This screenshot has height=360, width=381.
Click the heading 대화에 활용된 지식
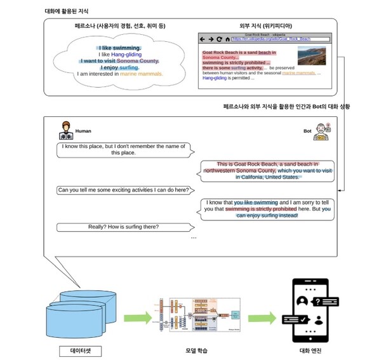(x=70, y=11)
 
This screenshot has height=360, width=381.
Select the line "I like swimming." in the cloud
(x=119, y=48)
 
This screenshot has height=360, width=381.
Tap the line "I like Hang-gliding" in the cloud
(x=119, y=56)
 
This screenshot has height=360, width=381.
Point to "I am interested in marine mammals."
(x=119, y=74)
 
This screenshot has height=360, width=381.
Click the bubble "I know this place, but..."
(x=124, y=149)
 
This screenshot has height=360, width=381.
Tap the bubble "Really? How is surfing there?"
(x=124, y=227)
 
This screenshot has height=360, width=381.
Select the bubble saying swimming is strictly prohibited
(x=267, y=209)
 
